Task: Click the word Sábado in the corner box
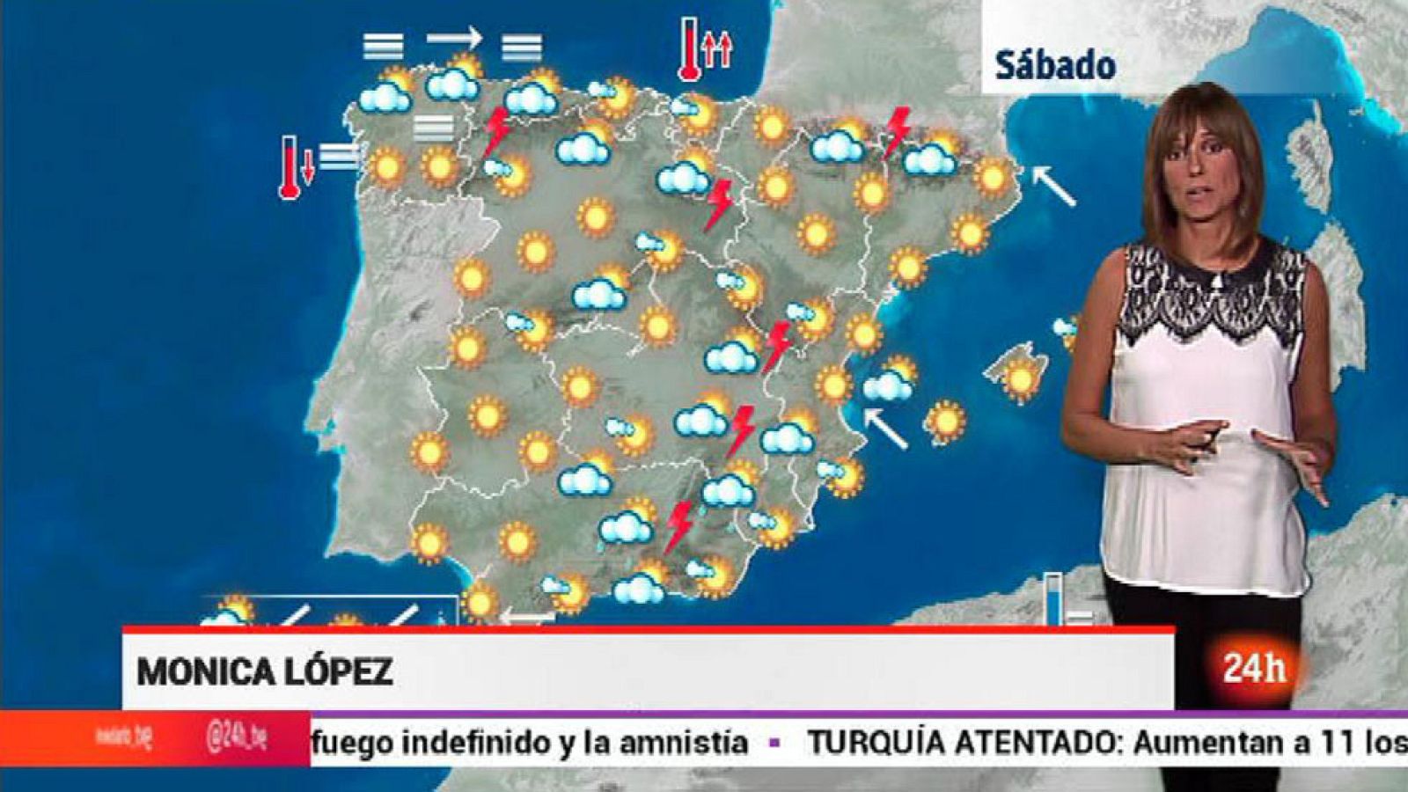point(1055,66)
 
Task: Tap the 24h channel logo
point(1253,668)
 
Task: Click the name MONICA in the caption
point(205,672)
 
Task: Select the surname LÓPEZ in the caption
point(338,671)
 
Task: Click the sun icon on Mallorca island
point(1020,379)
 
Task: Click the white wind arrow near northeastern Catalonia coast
point(1052,186)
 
